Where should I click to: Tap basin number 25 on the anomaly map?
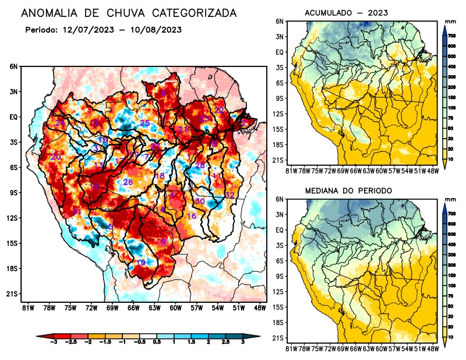[x=145, y=123]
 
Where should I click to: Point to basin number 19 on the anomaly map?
[x=140, y=263]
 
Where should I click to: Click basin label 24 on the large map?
[x=59, y=123]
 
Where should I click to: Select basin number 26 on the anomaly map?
[x=129, y=182]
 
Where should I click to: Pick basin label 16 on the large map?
[x=191, y=216]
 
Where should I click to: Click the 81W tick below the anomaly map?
[x=27, y=307]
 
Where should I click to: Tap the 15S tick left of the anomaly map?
[x=13, y=243]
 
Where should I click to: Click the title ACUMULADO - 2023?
[x=346, y=13]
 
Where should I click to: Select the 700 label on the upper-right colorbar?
[x=450, y=36]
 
